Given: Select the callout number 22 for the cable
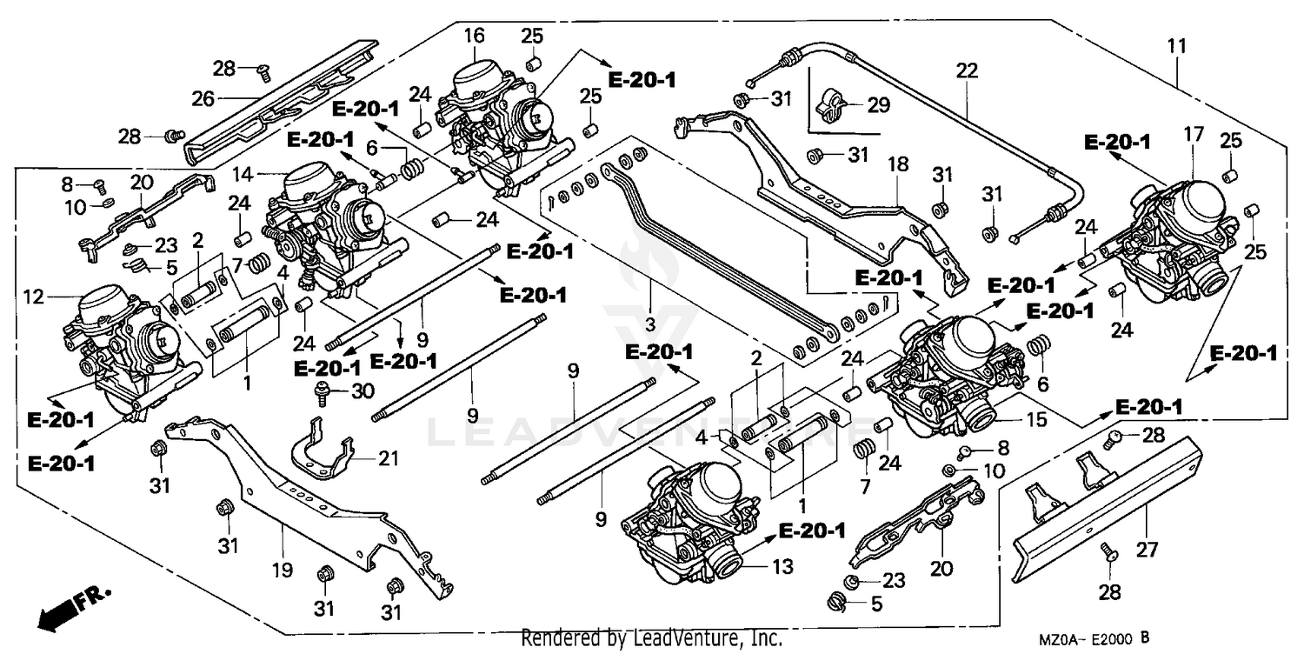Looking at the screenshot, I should point(967,70).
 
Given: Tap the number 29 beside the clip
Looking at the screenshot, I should point(878,106).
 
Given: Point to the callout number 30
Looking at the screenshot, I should point(363,391).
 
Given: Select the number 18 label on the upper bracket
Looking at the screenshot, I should point(895,163).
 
